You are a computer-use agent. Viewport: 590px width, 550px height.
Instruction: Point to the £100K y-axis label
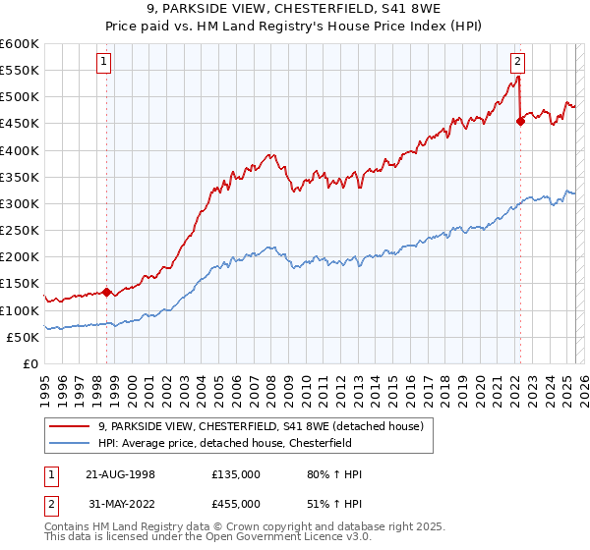pyautogui.click(x=19, y=310)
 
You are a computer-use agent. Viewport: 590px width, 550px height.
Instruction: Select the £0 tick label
pyautogui.click(x=30, y=363)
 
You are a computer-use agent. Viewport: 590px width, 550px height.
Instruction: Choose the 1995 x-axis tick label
pyautogui.click(x=45, y=383)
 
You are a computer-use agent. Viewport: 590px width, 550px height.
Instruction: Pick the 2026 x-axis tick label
pyautogui.click(x=583, y=383)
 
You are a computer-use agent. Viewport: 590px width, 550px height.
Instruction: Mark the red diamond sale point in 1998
pyautogui.click(x=106, y=292)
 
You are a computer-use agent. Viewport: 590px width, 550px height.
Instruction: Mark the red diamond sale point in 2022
pyautogui.click(x=520, y=122)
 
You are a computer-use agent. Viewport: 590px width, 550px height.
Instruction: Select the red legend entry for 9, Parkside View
pyautogui.click(x=261, y=426)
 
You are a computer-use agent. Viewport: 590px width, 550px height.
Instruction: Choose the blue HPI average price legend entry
pyautogui.click(x=232, y=443)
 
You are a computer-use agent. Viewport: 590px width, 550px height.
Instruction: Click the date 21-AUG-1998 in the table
pyautogui.click(x=118, y=474)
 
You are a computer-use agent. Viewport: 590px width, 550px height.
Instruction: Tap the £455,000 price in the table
pyautogui.click(x=236, y=505)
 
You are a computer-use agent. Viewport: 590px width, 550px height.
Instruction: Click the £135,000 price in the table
pyautogui.click(x=236, y=474)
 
